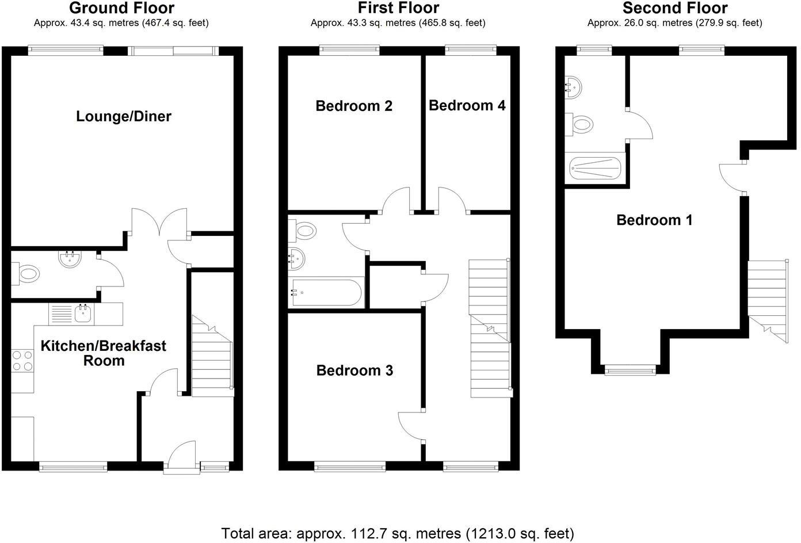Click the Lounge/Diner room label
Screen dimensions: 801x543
[124, 116]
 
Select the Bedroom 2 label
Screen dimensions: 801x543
[354, 106]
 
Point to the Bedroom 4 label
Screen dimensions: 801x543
[467, 105]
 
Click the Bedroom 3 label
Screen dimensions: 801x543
[354, 370]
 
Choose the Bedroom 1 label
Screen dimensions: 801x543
[654, 220]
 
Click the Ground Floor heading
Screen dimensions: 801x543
[121, 8]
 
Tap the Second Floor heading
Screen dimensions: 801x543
[675, 8]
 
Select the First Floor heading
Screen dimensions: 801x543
[398, 8]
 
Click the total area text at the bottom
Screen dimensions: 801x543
[398, 533]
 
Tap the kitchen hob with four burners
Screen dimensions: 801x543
[22, 361]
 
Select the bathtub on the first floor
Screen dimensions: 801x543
[326, 293]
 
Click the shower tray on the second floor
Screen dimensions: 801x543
[595, 169]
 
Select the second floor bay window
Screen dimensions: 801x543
[630, 370]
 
